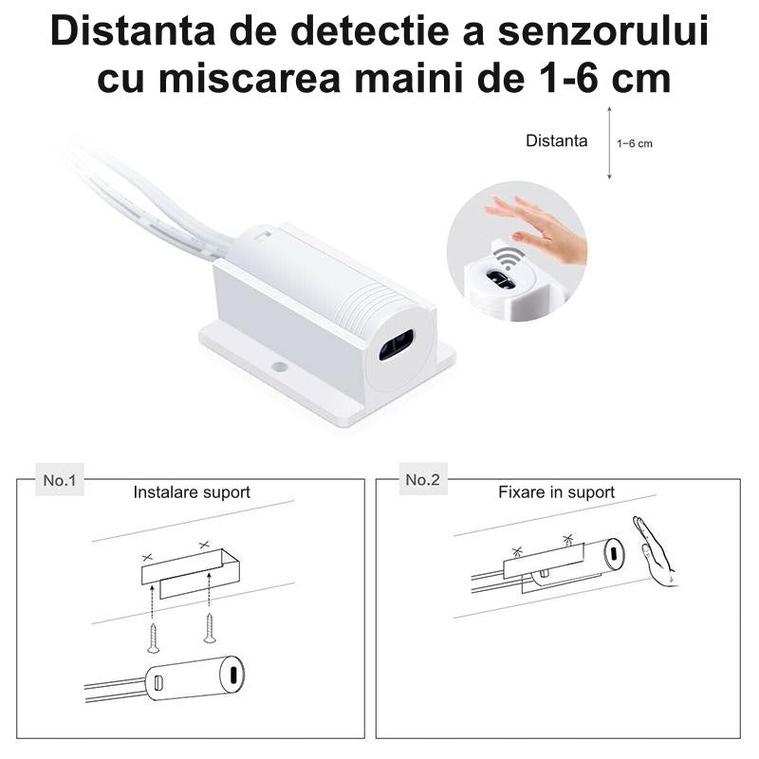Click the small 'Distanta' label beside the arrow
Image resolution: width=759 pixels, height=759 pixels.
coord(556,141)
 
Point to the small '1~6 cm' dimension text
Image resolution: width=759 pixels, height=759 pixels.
coord(635,144)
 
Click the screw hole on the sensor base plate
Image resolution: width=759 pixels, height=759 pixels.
coord(278,365)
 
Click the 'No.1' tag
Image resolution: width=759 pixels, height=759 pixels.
coord(59,480)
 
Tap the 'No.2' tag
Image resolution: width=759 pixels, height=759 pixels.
coord(422,480)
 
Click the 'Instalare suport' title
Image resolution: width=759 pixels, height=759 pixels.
coord(192,492)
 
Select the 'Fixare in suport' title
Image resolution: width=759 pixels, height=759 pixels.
coord(556,492)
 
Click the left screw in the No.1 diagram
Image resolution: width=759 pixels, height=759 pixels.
coord(154,636)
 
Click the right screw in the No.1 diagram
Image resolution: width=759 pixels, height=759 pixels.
coord(210,628)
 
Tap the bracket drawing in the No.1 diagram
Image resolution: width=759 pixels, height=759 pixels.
coord(190,572)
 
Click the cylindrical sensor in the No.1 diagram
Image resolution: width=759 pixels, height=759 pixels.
coord(194,678)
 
